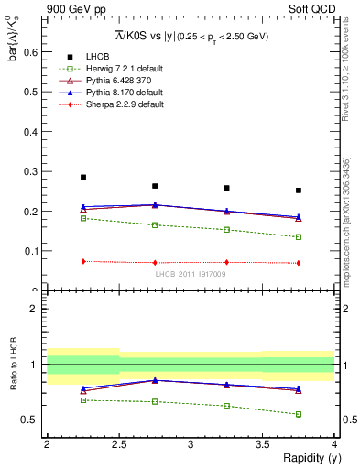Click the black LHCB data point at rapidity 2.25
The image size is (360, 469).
[x=83, y=177]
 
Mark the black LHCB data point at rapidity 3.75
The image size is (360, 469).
[x=299, y=191]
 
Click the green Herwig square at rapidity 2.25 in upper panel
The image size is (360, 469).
[x=83, y=218]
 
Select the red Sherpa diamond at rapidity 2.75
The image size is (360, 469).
[x=155, y=263]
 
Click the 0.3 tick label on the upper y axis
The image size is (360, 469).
[x=33, y=171]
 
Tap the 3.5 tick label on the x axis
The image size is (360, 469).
[x=262, y=444]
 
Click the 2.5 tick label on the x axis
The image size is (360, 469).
[x=119, y=444]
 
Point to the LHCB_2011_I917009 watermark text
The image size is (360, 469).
[x=191, y=273]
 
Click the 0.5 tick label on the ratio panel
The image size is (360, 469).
[x=32, y=420]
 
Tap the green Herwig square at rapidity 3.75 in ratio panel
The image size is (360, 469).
[x=299, y=414]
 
